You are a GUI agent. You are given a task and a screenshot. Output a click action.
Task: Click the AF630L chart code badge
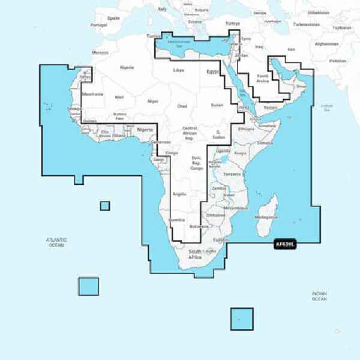(284, 244)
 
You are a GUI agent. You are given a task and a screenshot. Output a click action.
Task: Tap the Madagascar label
(268, 217)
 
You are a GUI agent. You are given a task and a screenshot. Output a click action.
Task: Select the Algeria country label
(127, 68)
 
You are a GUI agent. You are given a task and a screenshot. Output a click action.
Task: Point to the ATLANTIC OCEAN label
(56, 242)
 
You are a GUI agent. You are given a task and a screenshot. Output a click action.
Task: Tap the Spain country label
(113, 19)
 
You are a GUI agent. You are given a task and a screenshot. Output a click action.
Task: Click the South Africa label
(195, 254)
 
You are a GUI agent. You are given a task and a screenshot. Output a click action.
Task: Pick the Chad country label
(182, 106)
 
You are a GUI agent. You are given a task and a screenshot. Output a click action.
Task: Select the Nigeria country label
(145, 130)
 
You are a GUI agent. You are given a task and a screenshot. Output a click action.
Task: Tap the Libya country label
(179, 71)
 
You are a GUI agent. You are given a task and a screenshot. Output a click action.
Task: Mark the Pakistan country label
(338, 61)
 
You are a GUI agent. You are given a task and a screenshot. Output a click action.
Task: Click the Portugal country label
(98, 25)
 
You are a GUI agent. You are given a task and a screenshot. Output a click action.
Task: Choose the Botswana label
(200, 227)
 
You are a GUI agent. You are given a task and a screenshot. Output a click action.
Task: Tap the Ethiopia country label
(246, 129)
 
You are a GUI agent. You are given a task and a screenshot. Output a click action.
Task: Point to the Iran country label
(292, 49)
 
